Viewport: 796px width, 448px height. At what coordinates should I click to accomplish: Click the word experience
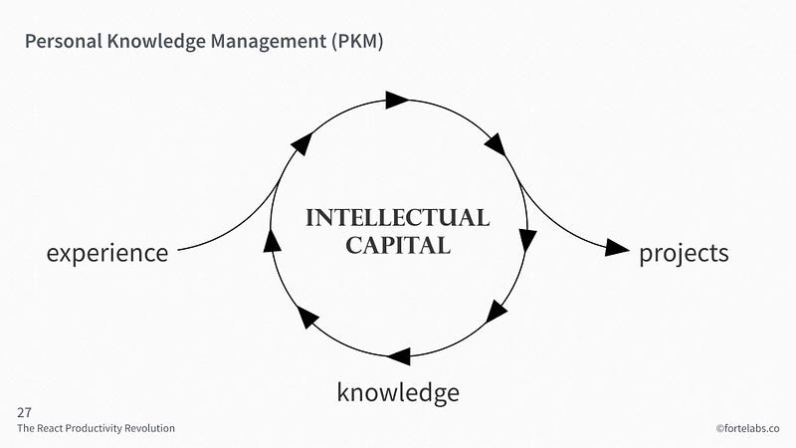(x=107, y=253)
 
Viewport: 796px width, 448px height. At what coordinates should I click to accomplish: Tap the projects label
(x=684, y=253)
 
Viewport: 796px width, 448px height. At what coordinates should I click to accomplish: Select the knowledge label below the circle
(x=398, y=392)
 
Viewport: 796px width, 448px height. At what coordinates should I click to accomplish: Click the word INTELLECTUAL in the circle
(x=397, y=218)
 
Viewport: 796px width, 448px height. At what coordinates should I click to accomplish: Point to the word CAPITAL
(x=398, y=244)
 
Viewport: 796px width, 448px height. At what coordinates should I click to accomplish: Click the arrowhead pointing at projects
(x=618, y=248)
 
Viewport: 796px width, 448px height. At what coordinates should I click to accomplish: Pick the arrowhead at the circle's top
(x=397, y=99)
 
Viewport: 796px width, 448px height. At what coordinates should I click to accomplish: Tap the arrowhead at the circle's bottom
(x=399, y=355)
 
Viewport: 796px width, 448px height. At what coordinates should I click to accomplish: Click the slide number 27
(x=24, y=411)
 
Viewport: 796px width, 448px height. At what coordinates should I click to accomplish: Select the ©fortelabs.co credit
(x=747, y=428)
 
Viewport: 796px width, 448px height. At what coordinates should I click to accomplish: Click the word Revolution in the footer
(x=152, y=428)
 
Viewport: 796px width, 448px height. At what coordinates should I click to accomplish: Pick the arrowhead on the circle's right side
(x=527, y=240)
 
